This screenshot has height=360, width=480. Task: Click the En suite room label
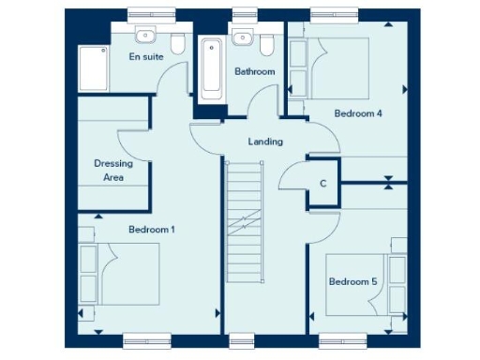tap(145, 57)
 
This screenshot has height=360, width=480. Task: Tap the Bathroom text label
tap(254, 72)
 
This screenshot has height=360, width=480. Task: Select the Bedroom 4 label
tap(358, 113)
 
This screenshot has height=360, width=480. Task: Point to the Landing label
tap(265, 142)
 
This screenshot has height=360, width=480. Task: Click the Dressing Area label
tap(113, 169)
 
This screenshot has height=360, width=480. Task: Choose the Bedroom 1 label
tap(152, 229)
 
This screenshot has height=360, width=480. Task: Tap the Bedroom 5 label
tap(352, 281)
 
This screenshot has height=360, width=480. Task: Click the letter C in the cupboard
tap(322, 184)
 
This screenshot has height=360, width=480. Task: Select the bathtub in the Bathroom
tap(211, 67)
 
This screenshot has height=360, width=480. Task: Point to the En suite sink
tap(144, 36)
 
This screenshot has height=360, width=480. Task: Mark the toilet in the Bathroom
tap(265, 43)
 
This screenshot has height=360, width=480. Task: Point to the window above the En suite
tap(153, 14)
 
